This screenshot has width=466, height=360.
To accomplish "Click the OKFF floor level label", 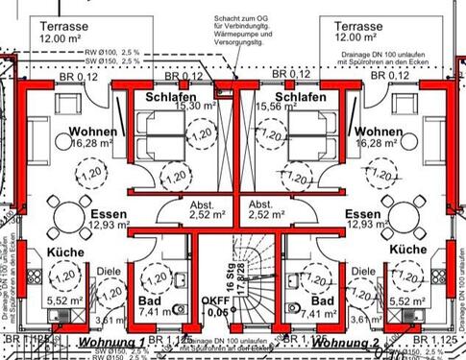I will coord(217,305).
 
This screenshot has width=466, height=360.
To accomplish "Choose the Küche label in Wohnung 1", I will coord(63,252).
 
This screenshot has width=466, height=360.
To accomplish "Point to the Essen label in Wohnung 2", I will coord(362,214).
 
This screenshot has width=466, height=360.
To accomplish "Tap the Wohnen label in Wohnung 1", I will coord(92,132).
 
